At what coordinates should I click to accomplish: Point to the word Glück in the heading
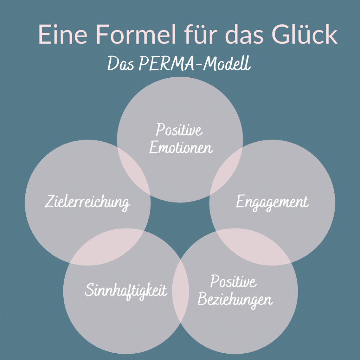(305, 34)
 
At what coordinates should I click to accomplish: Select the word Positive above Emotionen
(179, 130)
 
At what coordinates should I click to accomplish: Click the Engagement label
(272, 202)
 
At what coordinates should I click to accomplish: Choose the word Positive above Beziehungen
(233, 282)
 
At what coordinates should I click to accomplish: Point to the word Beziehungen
(235, 300)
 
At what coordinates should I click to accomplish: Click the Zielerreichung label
(88, 203)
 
